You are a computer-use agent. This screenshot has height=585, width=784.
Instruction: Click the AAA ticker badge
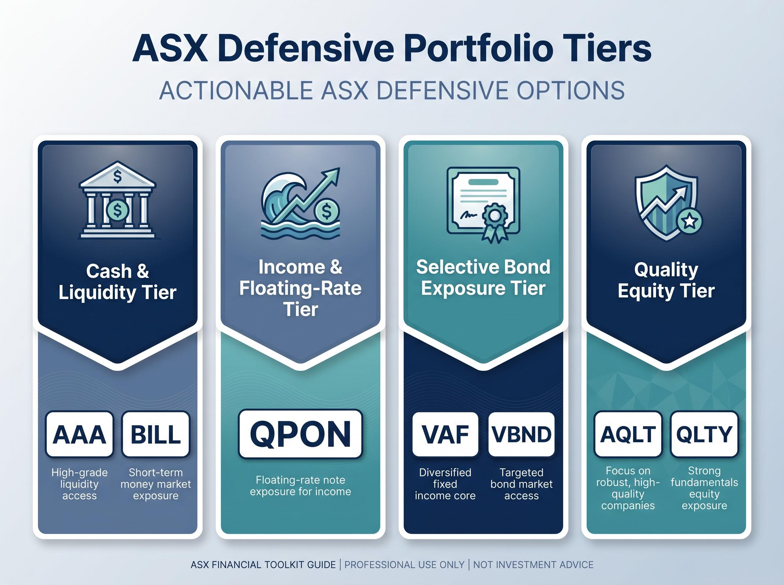pyautogui.click(x=79, y=434)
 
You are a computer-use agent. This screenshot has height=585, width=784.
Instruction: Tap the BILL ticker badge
pyautogui.click(x=155, y=434)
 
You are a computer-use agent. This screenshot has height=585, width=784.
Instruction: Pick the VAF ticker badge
pyautogui.click(x=445, y=434)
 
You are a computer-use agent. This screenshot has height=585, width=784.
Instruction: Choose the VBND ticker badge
pyautogui.click(x=521, y=434)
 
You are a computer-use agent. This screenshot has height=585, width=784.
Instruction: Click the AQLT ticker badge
pyautogui.click(x=628, y=434)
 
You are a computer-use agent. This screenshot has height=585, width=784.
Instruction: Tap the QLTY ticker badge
pyautogui.click(x=704, y=434)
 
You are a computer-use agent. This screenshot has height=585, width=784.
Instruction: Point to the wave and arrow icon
pyautogui.click(x=301, y=204)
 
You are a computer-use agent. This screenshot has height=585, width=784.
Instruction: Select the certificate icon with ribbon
pyautogui.click(x=483, y=205)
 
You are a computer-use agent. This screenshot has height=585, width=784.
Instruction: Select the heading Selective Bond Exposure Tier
pyautogui.click(x=483, y=277)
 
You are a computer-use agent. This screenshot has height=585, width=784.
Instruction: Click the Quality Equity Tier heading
pyautogui.click(x=666, y=280)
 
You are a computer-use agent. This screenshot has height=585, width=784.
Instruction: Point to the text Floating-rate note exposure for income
pyautogui.click(x=301, y=485)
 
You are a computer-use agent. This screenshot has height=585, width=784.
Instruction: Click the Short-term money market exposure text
pyautogui.click(x=155, y=484)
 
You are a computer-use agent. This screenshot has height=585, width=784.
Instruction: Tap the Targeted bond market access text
pyautogui.click(x=521, y=484)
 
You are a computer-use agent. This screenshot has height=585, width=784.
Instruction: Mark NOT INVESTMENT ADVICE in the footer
pyautogui.click(x=533, y=564)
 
